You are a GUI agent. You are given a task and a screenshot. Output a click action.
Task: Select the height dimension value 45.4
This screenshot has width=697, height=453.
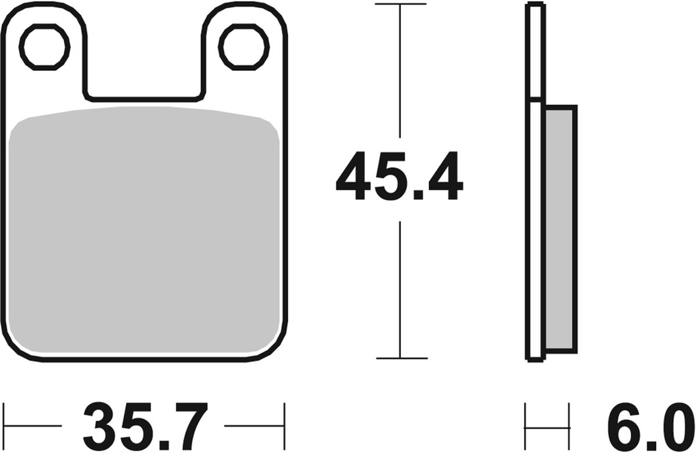point(399,178)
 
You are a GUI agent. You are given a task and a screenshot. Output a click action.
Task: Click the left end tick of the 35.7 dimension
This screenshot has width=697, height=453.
point(5,426)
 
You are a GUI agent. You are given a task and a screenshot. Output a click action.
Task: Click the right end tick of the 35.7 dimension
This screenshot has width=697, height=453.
point(284,426)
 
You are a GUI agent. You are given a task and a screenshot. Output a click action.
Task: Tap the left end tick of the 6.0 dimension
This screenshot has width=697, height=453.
point(525,426)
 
